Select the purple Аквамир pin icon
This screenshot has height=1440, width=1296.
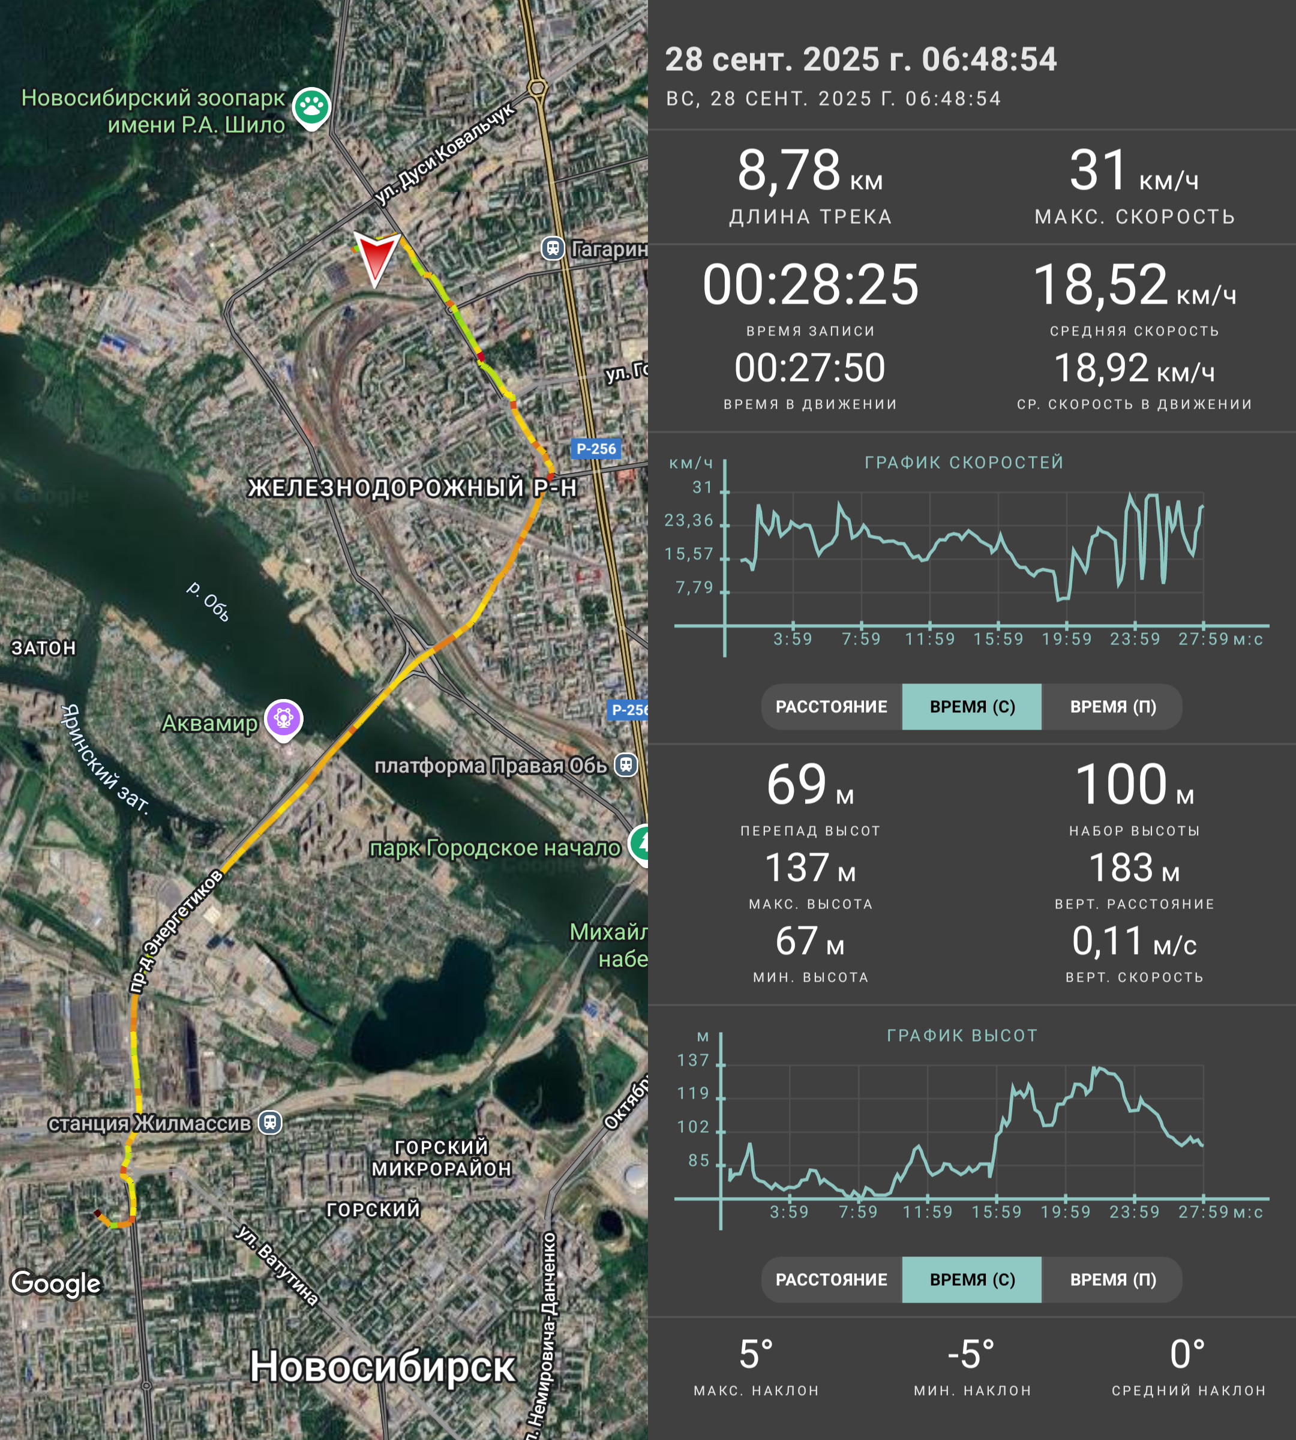click(x=283, y=719)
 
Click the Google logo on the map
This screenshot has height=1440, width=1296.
click(x=56, y=1284)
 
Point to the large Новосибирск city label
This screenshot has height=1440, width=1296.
click(x=382, y=1367)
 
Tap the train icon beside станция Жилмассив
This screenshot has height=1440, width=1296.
click(x=270, y=1123)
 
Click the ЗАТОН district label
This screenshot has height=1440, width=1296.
click(x=43, y=648)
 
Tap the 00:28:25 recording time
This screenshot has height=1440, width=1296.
click(x=811, y=284)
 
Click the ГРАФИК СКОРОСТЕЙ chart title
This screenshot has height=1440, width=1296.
click(x=964, y=462)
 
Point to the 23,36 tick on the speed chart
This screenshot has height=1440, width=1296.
click(x=689, y=521)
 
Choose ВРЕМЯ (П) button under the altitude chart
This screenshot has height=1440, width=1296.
click(x=1112, y=1280)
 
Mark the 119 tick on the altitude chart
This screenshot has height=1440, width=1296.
click(x=694, y=1093)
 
